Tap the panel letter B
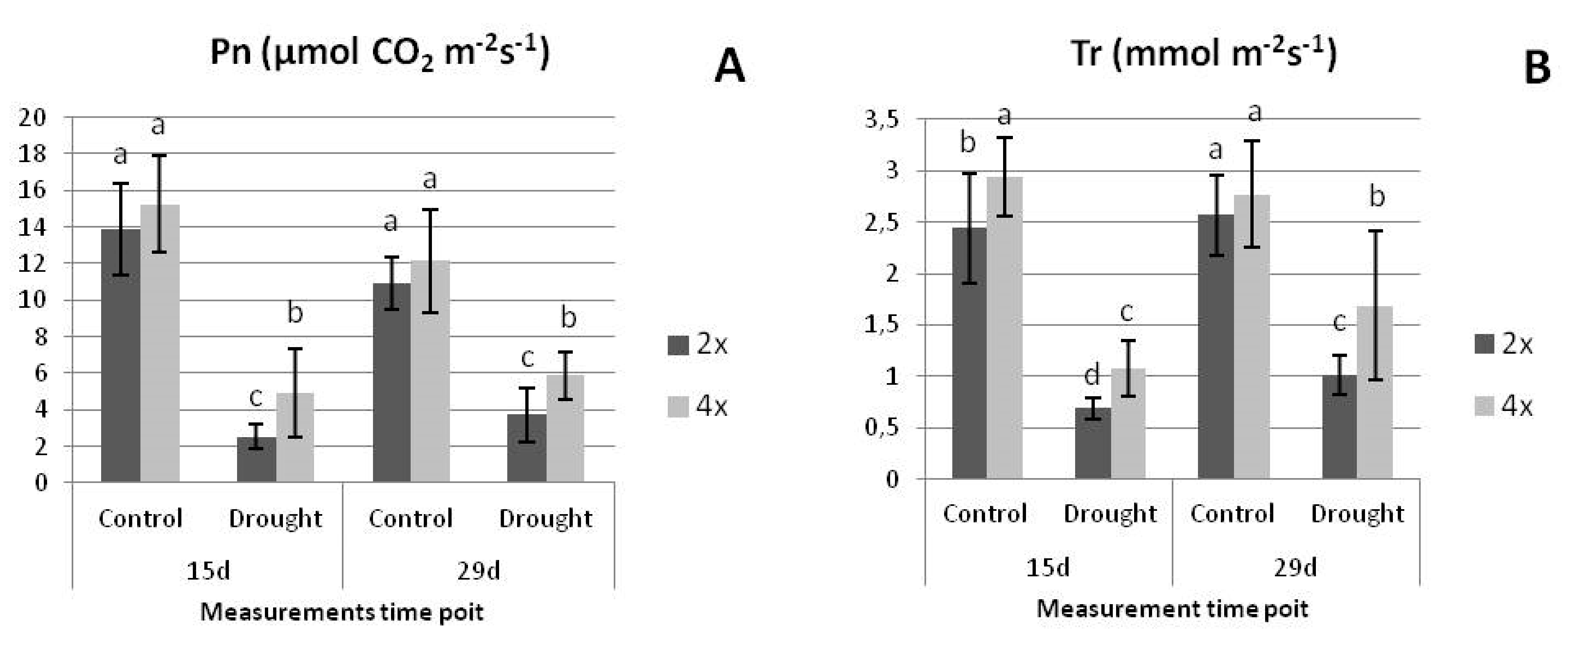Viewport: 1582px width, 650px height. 1537,68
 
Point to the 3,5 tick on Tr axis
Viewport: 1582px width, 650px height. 883,119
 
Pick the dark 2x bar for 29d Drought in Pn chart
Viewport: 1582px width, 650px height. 527,448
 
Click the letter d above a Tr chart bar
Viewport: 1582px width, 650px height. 1092,375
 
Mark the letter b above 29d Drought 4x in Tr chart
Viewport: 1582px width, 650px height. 1377,197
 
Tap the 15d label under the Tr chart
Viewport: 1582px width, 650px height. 1048,568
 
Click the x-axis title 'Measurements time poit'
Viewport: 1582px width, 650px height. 342,612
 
